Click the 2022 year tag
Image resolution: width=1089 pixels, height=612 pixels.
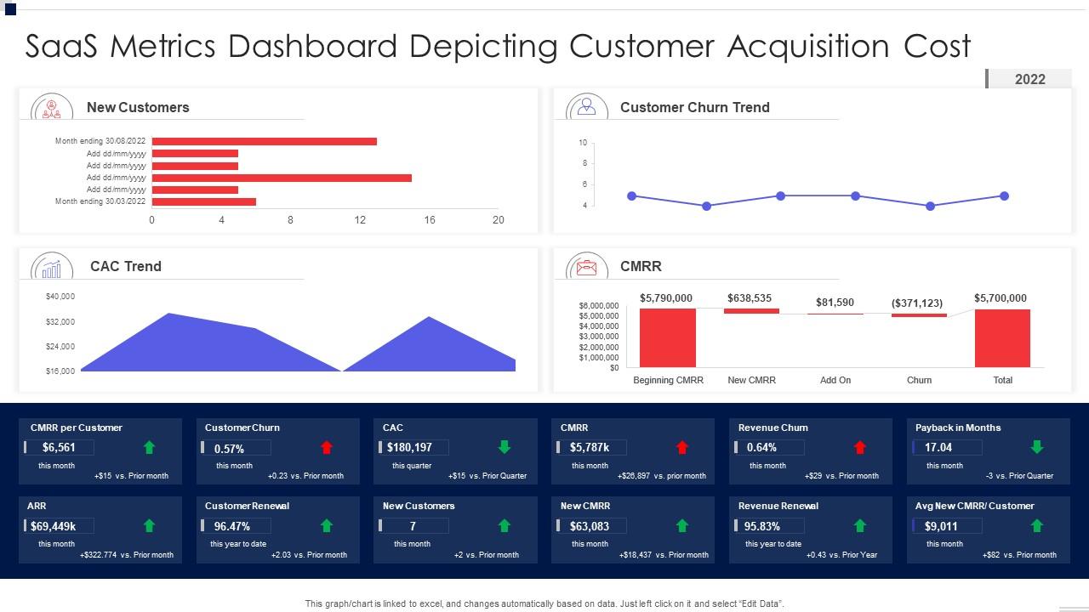tap(1029, 79)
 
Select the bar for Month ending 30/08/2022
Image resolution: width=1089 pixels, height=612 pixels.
tap(264, 142)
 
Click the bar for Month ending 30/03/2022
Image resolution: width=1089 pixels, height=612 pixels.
tap(203, 202)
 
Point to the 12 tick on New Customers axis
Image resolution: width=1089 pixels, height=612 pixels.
tap(360, 220)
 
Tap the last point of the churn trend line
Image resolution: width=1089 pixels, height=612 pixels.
tap(1004, 196)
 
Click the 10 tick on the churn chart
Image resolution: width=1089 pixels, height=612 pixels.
tap(583, 143)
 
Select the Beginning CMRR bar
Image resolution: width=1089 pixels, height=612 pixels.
tap(667, 337)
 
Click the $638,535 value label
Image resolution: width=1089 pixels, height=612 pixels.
tap(750, 298)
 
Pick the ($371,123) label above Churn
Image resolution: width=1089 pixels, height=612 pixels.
tap(917, 303)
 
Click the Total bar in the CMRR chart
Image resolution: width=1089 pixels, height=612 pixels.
tap(1002, 337)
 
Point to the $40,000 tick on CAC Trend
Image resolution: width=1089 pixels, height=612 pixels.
tap(60, 297)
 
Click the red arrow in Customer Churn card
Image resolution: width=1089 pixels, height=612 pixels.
tap(327, 447)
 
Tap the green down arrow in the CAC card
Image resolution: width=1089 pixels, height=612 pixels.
tap(505, 447)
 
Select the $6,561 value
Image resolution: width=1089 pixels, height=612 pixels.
tap(60, 448)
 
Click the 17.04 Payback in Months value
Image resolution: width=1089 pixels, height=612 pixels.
tap(938, 447)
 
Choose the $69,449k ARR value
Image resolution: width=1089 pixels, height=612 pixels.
tap(54, 526)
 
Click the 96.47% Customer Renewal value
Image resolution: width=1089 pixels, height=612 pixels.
tap(232, 526)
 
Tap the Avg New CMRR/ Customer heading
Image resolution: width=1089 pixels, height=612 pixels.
tap(974, 506)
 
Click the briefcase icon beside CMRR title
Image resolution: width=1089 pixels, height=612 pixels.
tap(586, 268)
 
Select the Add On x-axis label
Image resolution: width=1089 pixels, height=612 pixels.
tap(835, 380)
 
